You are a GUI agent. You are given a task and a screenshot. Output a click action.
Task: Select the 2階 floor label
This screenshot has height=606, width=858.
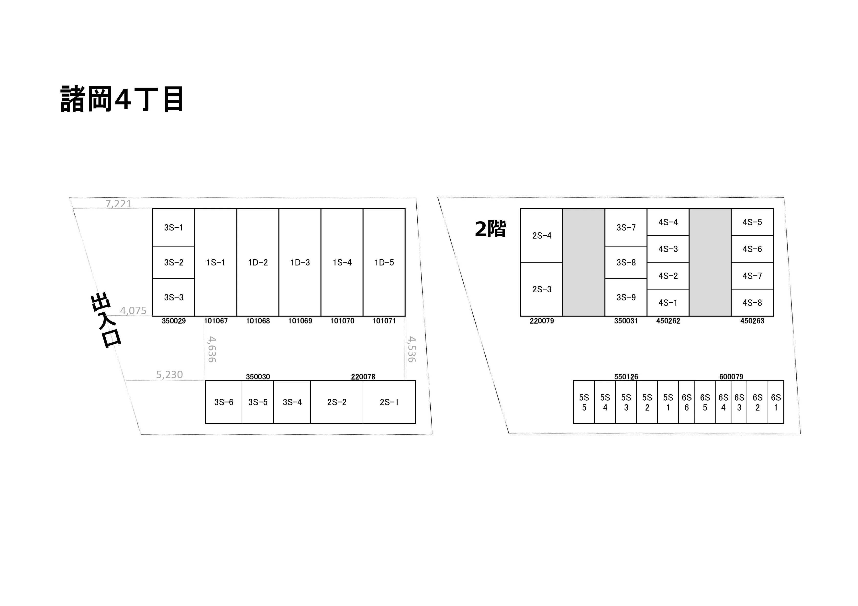click(x=490, y=229)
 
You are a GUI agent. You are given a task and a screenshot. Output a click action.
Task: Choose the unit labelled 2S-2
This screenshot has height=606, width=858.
click(x=337, y=402)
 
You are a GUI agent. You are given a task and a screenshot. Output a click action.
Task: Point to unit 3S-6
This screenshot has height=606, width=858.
click(x=223, y=402)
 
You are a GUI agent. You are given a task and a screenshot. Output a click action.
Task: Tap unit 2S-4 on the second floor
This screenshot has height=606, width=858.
click(x=542, y=236)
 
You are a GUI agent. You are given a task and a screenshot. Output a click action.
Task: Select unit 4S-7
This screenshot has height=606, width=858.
click(x=752, y=276)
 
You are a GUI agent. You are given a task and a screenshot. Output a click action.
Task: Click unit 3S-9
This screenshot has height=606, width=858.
click(x=626, y=297)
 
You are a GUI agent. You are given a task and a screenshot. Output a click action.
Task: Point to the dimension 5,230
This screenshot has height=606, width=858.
click(x=169, y=374)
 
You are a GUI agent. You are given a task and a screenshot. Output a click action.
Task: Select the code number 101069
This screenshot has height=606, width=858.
click(x=300, y=321)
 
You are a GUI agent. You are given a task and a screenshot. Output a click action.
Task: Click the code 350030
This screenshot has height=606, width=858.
click(x=258, y=377)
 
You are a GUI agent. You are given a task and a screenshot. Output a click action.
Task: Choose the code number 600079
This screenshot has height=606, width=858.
click(x=731, y=377)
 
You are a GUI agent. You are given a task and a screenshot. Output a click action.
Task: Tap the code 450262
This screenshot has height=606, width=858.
click(x=668, y=321)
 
